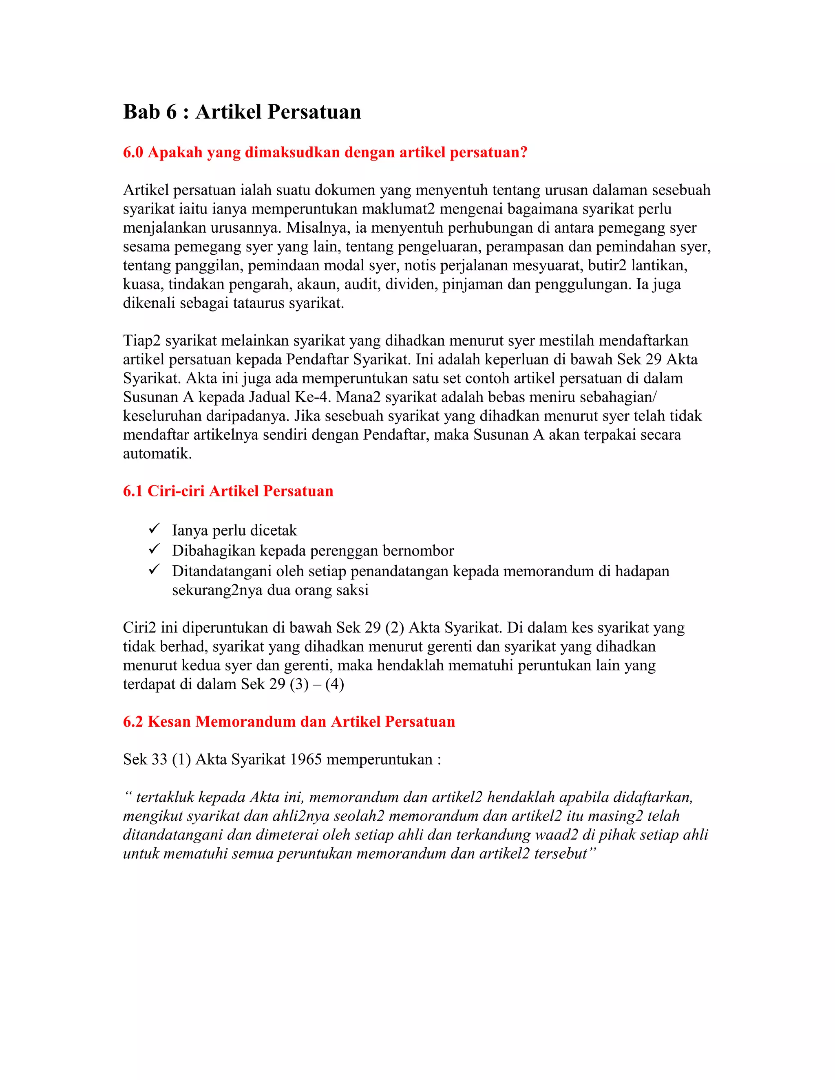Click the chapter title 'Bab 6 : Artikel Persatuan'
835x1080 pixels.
click(x=242, y=112)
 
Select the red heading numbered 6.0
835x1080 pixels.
click(x=325, y=152)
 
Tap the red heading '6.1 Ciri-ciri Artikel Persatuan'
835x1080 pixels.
click(x=228, y=491)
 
